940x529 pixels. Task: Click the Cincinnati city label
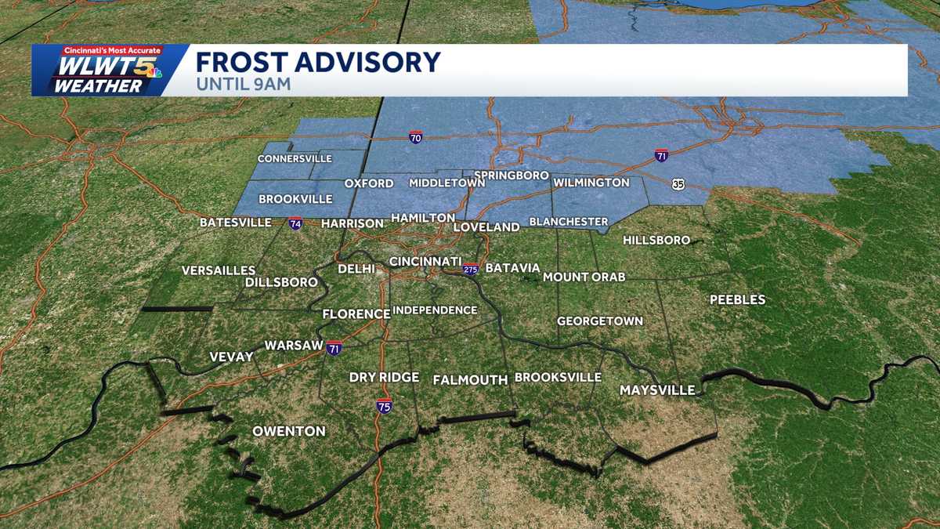tap(425, 261)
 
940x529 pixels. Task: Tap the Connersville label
tap(295, 159)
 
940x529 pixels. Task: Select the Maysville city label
tap(657, 390)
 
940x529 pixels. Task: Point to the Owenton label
tap(288, 431)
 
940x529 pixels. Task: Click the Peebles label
tap(737, 299)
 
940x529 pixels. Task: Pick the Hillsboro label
tap(656, 240)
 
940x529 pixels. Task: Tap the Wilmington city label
tap(591, 183)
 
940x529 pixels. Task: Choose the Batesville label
tap(235, 223)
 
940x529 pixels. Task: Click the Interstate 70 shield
tap(415, 137)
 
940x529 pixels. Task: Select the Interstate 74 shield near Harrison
tap(295, 223)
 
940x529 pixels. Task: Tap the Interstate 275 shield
tap(470, 268)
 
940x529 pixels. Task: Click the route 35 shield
tap(677, 184)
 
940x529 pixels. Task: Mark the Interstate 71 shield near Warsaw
tap(334, 349)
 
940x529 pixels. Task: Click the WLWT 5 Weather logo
tap(102, 71)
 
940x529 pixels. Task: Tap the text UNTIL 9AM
tap(243, 84)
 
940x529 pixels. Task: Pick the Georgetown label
tap(600, 321)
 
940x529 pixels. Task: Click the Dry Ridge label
tap(384, 377)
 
